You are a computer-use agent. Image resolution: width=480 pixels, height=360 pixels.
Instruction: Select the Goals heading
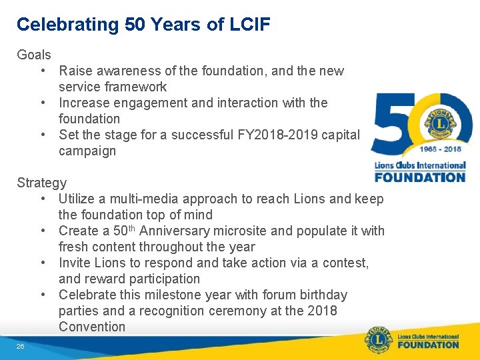click(34, 55)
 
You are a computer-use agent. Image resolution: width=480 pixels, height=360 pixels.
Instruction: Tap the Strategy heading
click(42, 183)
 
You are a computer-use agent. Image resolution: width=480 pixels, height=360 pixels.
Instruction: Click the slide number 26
click(21, 346)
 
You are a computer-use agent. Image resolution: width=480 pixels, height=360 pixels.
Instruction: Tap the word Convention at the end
click(92, 327)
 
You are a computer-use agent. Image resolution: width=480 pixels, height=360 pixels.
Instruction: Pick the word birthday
click(316, 295)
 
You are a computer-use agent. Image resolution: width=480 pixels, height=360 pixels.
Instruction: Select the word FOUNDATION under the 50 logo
click(420, 177)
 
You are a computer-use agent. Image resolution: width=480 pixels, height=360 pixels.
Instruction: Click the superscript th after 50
click(132, 228)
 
